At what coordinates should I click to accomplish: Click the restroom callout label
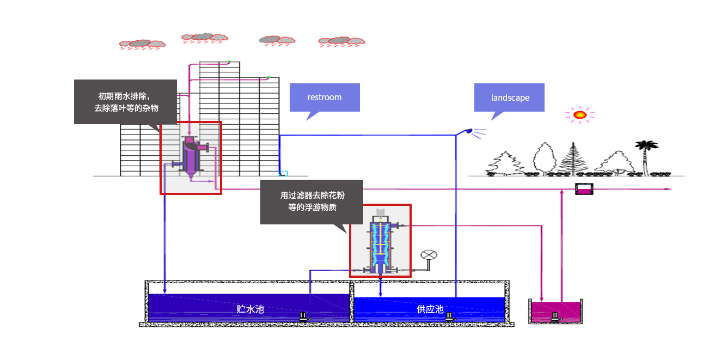(x=325, y=97)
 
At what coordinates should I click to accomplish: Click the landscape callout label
(x=510, y=97)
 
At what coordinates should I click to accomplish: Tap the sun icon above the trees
(x=579, y=115)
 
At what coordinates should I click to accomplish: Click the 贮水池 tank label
(x=250, y=309)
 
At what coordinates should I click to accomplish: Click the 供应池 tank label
(x=430, y=309)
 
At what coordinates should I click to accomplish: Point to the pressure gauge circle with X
(x=429, y=255)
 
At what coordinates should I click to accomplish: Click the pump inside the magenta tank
(x=555, y=316)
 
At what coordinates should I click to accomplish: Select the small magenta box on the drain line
(x=584, y=189)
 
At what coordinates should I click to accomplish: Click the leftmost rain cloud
(x=142, y=44)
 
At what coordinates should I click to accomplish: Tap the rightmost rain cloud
(x=342, y=41)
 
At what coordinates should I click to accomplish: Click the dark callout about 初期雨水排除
(x=125, y=102)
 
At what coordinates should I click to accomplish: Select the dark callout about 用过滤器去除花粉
(x=311, y=202)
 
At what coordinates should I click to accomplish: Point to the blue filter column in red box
(x=380, y=242)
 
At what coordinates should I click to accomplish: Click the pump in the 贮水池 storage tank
(x=303, y=316)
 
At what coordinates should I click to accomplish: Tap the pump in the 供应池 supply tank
(x=450, y=316)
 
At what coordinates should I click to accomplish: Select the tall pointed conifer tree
(x=572, y=158)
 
